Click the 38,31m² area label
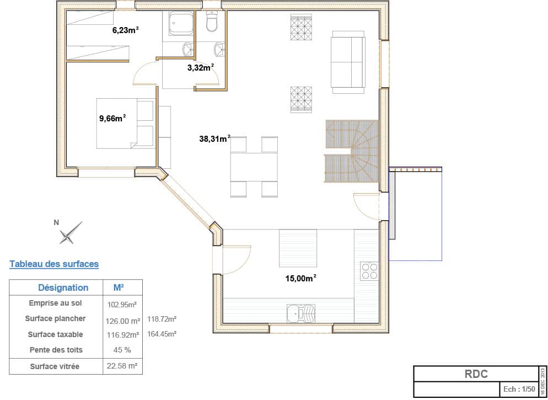[x=214, y=138]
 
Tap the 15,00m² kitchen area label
[x=300, y=278]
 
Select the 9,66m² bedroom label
[x=112, y=118]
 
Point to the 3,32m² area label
[x=201, y=67]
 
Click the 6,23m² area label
[x=126, y=30]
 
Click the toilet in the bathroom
[x=212, y=22]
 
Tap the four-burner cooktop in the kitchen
[x=369, y=271]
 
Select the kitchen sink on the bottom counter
[x=300, y=313]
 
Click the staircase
[x=352, y=151]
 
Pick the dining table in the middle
[x=254, y=167]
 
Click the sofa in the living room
[x=348, y=62]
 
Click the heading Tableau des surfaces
[x=54, y=264]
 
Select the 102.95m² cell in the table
[x=122, y=305]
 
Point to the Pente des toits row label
[x=56, y=350]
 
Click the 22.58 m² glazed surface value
[x=122, y=366]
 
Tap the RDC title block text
[x=476, y=374]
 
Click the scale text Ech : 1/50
[x=519, y=389]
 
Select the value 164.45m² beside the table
[x=162, y=334]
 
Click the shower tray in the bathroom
[x=181, y=23]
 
